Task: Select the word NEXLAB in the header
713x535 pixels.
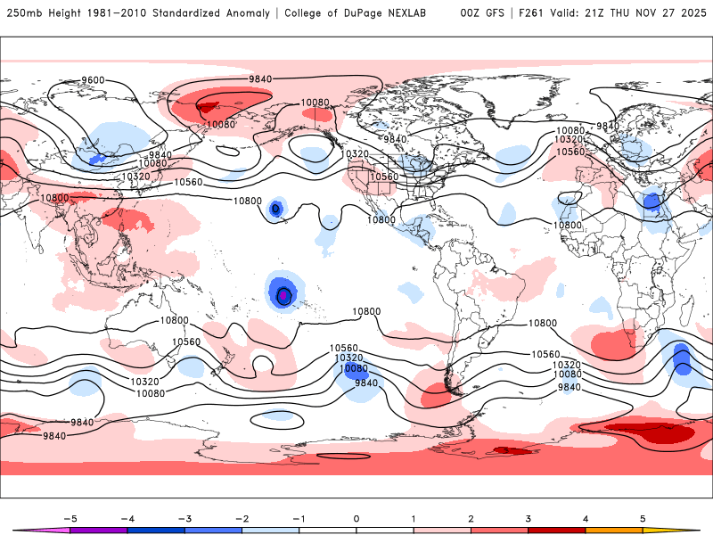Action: coord(412,13)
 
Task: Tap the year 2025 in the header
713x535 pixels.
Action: coord(690,13)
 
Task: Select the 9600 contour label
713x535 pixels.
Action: coord(93,80)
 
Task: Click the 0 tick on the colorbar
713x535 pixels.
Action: coord(356,517)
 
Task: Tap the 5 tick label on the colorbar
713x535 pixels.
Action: coord(643,517)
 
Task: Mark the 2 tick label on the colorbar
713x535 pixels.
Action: coord(471,517)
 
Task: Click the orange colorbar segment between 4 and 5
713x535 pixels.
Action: coord(614,530)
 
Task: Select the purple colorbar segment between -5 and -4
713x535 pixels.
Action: coord(99,530)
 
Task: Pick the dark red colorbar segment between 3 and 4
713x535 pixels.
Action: coord(557,530)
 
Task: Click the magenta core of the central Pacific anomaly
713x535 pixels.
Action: coord(283,294)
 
